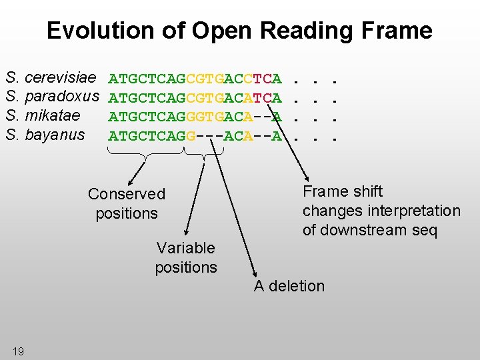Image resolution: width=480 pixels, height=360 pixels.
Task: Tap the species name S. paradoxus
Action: coord(53,98)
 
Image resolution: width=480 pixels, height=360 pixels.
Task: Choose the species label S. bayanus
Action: coord(45,135)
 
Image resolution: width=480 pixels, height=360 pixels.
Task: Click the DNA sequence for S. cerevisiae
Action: coord(195,80)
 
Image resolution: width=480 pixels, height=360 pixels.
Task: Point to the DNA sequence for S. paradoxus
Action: coord(195,99)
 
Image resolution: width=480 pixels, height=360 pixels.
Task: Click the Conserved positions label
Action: coord(127,204)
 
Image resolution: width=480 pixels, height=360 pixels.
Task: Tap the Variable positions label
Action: coord(186,258)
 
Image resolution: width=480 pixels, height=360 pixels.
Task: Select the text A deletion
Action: coord(289,286)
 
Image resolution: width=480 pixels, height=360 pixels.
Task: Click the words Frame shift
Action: coord(343,191)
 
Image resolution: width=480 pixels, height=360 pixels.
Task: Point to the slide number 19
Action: coord(18,351)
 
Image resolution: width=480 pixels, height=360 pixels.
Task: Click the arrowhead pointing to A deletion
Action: coord(254,273)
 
